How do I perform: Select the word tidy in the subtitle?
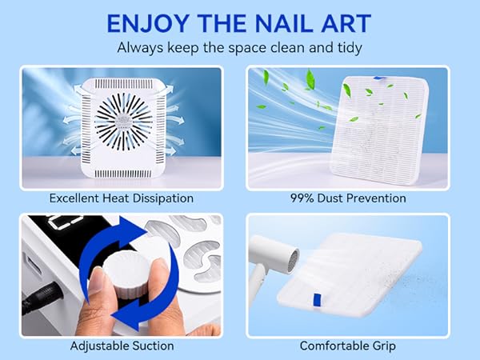[x=348, y=47]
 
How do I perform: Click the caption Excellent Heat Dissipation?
[x=121, y=198]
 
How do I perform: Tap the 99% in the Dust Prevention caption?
[x=303, y=198]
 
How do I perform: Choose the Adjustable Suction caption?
[x=121, y=346]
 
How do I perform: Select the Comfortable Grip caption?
[x=347, y=346]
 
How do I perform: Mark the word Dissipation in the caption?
[x=164, y=198]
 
